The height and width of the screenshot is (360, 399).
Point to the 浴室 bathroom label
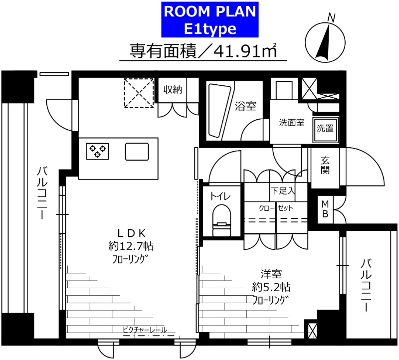pyautogui.click(x=245, y=106)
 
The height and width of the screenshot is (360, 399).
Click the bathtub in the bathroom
pyautogui.click(x=218, y=110)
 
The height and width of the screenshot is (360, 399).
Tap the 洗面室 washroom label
pyautogui.click(x=291, y=123)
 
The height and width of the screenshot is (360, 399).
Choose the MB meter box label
pyautogui.click(x=325, y=208)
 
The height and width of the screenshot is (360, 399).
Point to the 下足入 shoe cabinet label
pyautogui.click(x=283, y=190)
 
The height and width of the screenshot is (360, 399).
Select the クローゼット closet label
pyautogui.click(x=275, y=207)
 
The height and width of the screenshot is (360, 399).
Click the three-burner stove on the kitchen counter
pyautogui.click(x=97, y=151)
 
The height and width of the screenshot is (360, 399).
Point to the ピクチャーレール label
pyautogui.click(x=145, y=330)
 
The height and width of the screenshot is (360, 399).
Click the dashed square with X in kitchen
pyautogui.click(x=139, y=93)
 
